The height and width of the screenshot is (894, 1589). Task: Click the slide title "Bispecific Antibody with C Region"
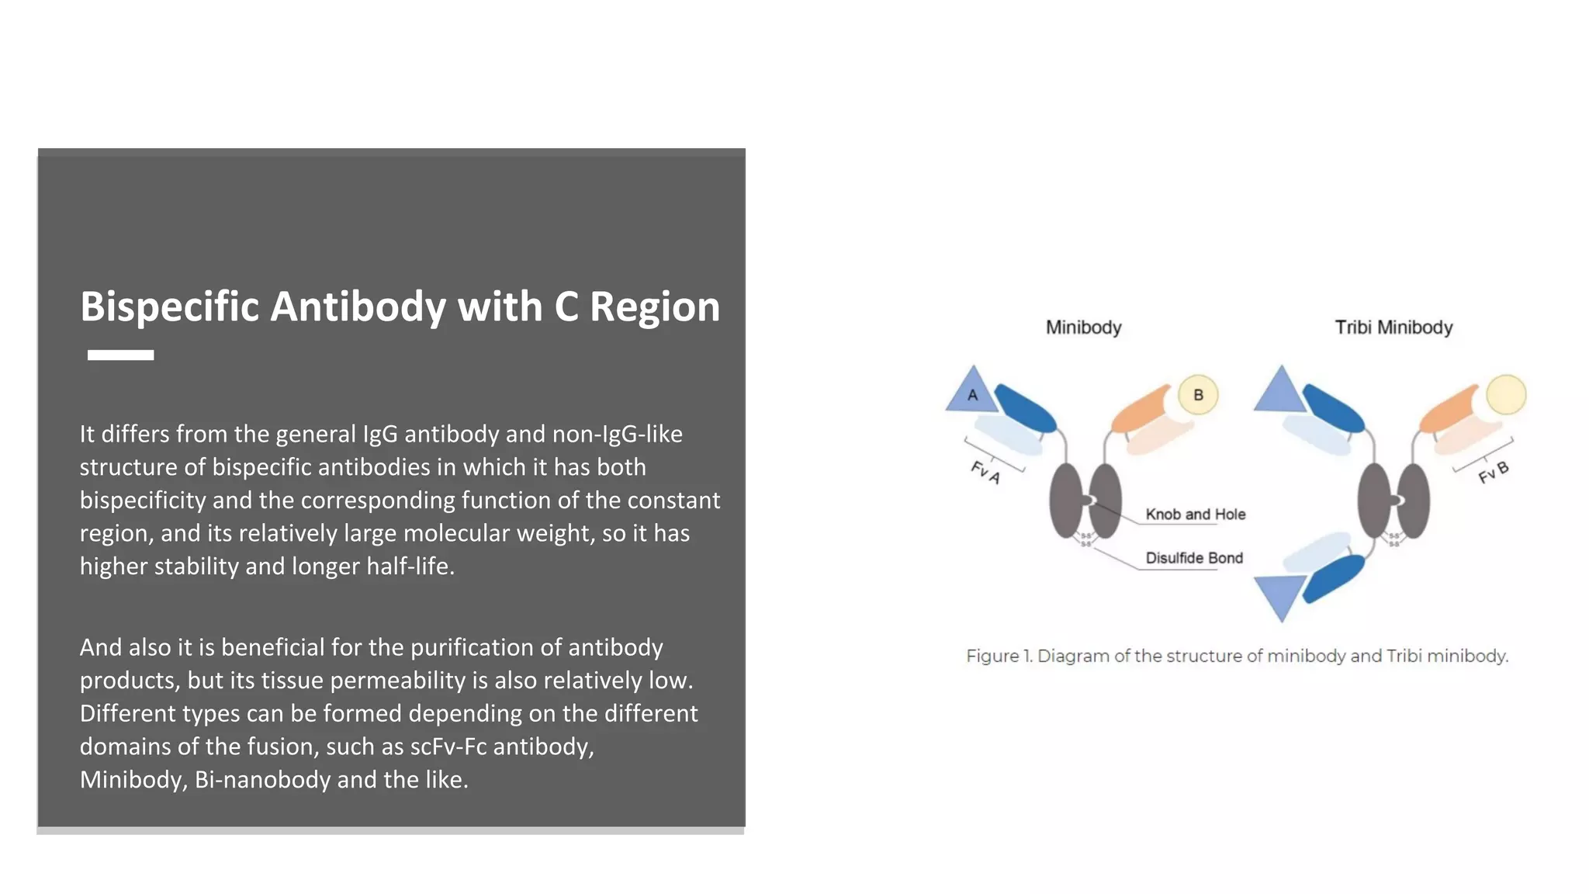(x=400, y=307)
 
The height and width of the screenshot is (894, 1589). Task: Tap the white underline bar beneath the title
(x=120, y=355)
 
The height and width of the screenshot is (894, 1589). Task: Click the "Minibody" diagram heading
(x=1083, y=327)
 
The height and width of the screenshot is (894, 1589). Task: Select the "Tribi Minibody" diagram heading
(x=1393, y=327)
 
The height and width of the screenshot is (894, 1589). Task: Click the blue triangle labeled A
(x=971, y=393)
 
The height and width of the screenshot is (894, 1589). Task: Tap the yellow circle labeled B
(x=1197, y=395)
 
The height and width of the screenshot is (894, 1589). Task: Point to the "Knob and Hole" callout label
(x=1195, y=514)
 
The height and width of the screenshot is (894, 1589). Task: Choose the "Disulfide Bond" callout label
(x=1193, y=558)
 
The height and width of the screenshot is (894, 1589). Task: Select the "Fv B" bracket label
(x=1493, y=472)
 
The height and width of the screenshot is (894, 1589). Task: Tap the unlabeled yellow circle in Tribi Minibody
(x=1505, y=395)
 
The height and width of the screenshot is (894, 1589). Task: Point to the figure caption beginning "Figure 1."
(x=1237, y=657)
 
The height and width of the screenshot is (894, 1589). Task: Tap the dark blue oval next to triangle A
(x=1024, y=408)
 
